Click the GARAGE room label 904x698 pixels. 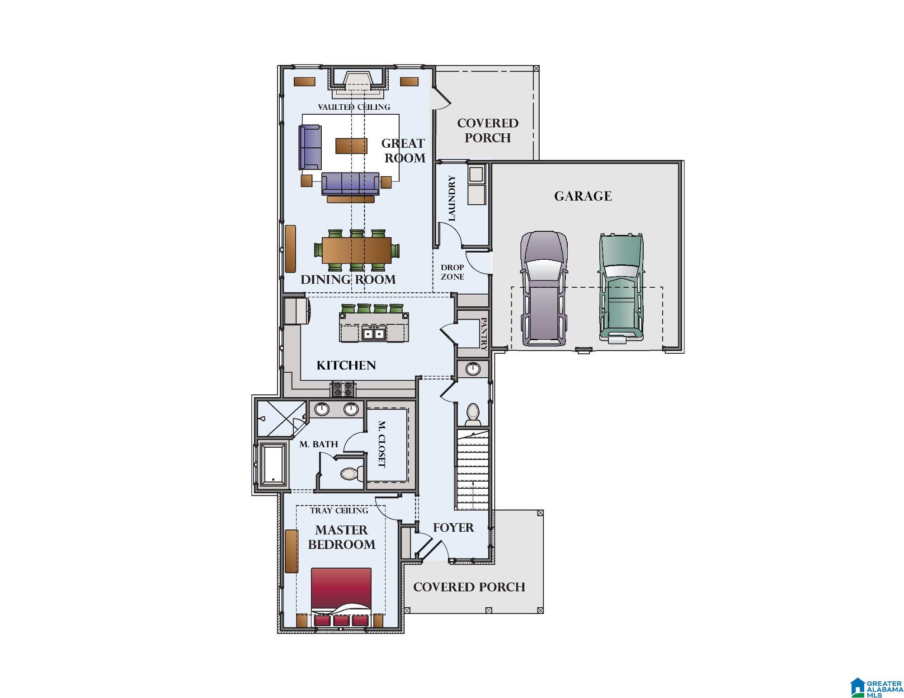coord(583,196)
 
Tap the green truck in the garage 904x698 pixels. coord(621,287)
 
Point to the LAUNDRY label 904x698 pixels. coord(452,198)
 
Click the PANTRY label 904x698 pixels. coord(484,334)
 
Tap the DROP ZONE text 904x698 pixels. coord(452,272)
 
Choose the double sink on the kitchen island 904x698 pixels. coord(373,333)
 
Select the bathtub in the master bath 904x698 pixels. coord(273,464)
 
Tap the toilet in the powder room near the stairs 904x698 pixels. coord(473,413)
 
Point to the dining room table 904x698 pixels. coord(357,250)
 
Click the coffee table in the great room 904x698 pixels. coord(351,146)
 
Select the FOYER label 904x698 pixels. coord(453,528)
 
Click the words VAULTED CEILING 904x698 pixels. coord(353,107)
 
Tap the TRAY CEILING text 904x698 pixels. coord(339,511)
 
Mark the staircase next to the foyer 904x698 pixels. coord(472,470)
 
